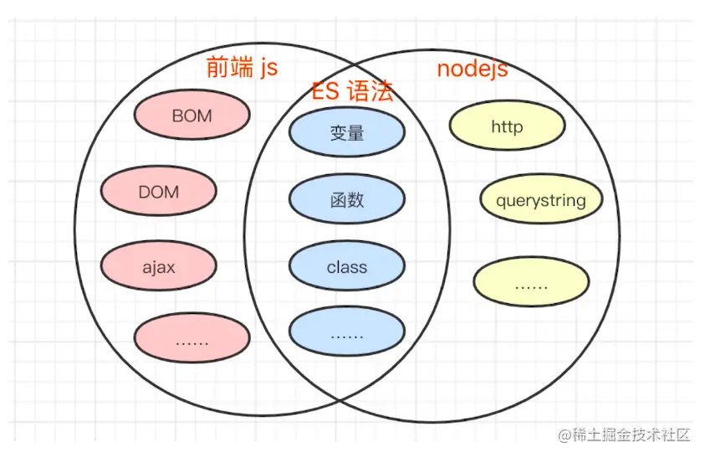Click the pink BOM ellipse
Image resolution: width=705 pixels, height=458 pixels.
192,115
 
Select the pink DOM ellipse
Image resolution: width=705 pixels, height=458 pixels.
158,191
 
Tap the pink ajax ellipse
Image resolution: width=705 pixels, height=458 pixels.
158,265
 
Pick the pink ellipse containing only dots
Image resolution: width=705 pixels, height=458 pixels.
192,338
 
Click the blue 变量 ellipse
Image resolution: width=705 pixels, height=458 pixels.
347,132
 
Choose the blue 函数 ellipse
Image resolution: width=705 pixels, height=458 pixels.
347,198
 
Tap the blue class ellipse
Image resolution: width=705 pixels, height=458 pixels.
347,265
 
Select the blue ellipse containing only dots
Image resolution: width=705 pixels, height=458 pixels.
347,332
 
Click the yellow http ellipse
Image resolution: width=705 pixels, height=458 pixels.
507,126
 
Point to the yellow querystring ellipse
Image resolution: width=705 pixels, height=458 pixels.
541,198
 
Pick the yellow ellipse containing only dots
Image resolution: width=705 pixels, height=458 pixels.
531,282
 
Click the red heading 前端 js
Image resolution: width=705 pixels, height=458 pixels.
242,68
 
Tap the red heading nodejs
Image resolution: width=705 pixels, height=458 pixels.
473,69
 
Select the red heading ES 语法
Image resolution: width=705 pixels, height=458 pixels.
353,91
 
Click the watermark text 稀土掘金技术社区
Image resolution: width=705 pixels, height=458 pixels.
631,435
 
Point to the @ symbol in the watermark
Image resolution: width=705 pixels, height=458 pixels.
565,435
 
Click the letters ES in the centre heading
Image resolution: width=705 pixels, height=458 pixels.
325,91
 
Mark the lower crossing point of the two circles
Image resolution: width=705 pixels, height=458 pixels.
340,399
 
